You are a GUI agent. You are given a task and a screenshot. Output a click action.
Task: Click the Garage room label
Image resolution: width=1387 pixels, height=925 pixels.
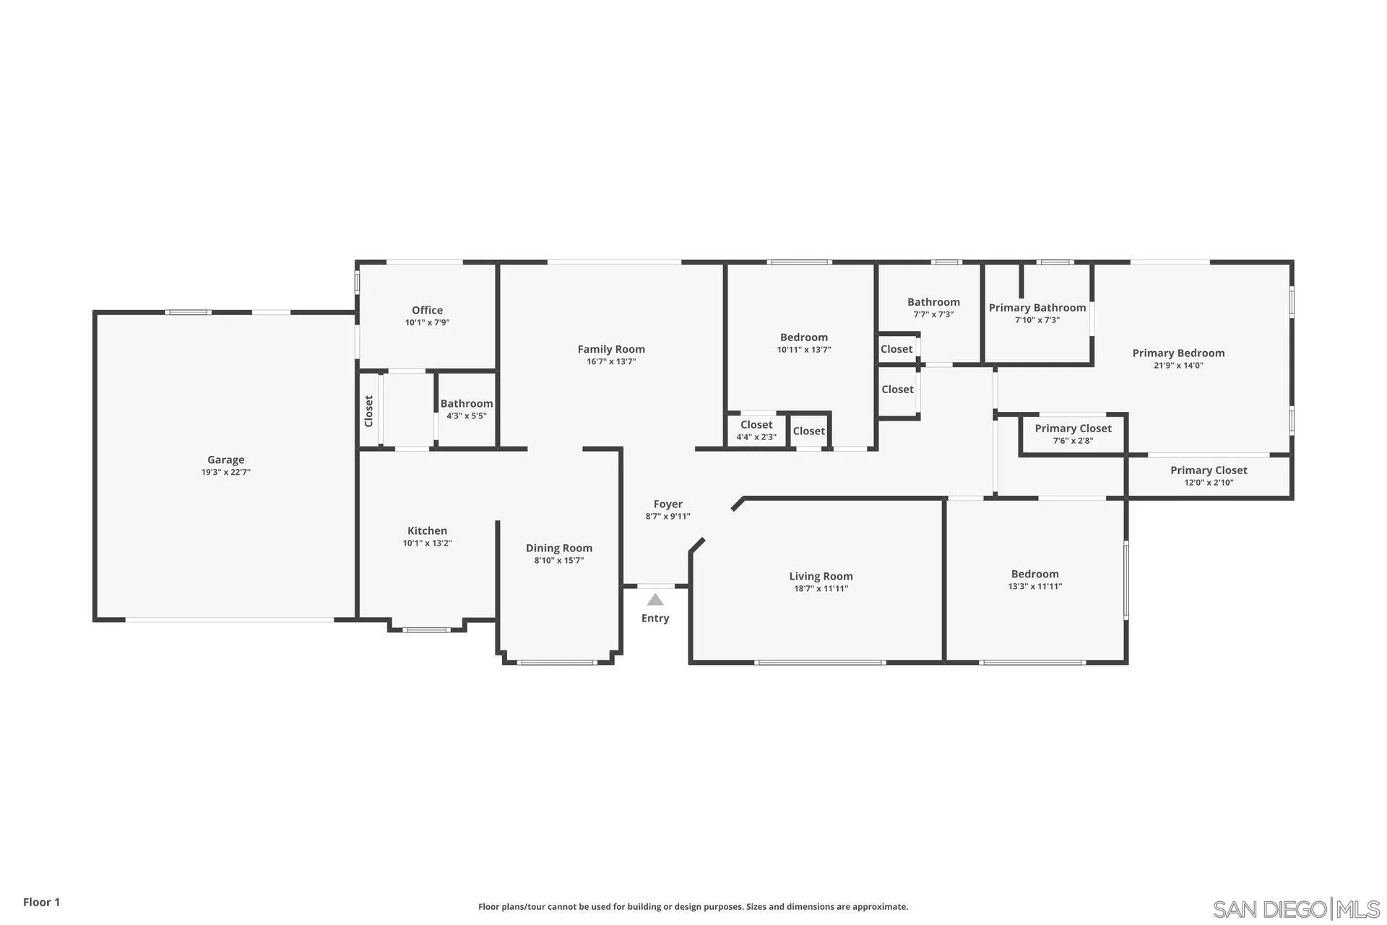(225, 460)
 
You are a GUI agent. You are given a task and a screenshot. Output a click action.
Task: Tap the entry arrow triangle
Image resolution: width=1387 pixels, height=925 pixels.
(655, 600)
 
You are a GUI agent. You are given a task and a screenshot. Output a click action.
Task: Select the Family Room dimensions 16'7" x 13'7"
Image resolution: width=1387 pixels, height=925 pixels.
(611, 362)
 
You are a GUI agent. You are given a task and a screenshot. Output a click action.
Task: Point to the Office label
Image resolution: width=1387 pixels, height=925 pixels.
(427, 310)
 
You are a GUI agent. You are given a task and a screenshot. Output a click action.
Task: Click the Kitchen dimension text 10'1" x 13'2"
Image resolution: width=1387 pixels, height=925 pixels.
(427, 543)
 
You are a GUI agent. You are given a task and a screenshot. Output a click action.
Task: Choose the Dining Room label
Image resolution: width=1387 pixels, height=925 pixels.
(558, 548)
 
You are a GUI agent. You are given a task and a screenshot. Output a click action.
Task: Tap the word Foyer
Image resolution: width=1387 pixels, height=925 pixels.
(667, 504)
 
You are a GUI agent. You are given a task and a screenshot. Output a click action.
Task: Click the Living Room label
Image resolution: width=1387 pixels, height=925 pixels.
(821, 576)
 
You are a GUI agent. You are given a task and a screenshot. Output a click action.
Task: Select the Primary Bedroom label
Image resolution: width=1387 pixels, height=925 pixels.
(1178, 353)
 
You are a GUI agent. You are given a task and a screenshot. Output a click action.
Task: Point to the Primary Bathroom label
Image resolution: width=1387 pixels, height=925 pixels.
(1037, 308)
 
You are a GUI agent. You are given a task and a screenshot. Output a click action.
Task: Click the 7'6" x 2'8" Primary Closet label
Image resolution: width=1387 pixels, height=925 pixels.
(1073, 429)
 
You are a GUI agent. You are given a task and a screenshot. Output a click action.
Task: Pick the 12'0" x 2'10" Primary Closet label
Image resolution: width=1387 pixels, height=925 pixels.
(1209, 470)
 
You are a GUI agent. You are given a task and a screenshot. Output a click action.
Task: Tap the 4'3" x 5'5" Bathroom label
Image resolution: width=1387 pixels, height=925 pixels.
(467, 404)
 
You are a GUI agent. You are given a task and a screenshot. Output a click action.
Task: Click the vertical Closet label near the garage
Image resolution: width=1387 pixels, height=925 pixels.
(368, 410)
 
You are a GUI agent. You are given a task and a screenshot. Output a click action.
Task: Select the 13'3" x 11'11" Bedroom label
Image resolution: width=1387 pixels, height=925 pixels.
(1034, 574)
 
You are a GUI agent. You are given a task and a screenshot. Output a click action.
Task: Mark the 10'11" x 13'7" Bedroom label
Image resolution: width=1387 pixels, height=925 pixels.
(803, 337)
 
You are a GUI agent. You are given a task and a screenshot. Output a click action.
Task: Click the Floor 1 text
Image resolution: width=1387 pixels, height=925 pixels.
(41, 902)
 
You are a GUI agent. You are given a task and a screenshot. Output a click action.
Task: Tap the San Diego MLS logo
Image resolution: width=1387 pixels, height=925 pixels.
(1296, 908)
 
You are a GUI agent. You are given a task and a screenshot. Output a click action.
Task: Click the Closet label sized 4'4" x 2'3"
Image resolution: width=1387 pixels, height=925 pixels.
(756, 425)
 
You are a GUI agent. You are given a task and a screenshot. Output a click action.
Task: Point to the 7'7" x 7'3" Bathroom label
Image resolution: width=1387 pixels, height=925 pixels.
(933, 302)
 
